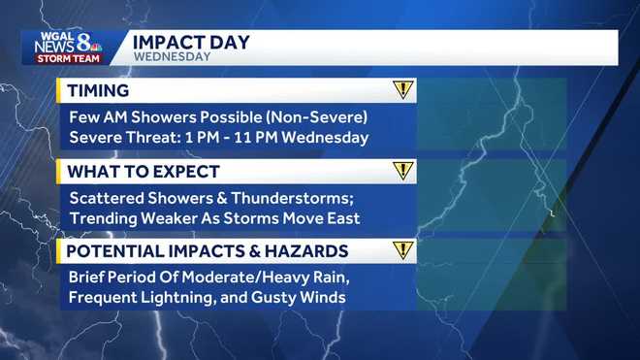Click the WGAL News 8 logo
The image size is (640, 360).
pyautogui.click(x=68, y=44)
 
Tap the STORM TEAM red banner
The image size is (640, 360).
pyautogui.click(x=68, y=59)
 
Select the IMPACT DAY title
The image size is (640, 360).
pyautogui.click(x=190, y=42)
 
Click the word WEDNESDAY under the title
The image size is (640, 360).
pyautogui.click(x=172, y=57)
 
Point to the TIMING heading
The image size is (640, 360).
pyautogui.click(x=97, y=91)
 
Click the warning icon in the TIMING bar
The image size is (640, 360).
pyautogui.click(x=403, y=90)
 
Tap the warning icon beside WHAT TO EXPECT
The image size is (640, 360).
pyautogui.click(x=403, y=172)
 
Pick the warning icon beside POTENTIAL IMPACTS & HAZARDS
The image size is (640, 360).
pyautogui.click(x=403, y=251)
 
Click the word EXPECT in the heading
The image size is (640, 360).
pyautogui.click(x=188, y=172)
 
